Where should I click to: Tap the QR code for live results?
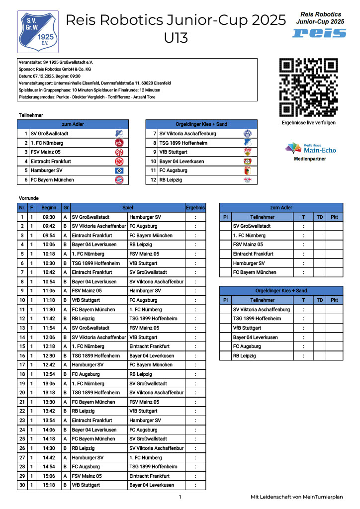pyautogui.click(x=308, y=87)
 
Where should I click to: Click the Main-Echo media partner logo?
pyautogui.click(x=310, y=149)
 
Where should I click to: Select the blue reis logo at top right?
pyautogui.click(x=319, y=33)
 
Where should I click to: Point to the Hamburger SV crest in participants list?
pyautogui.click(x=119, y=170)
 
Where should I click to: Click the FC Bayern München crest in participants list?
pyautogui.click(x=119, y=180)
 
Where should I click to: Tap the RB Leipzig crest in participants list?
pyautogui.click(x=248, y=180)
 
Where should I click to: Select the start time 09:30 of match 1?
pyautogui.click(x=49, y=217)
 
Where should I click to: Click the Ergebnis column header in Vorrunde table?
pyautogui.click(x=195, y=208)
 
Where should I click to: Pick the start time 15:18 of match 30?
pyautogui.click(x=49, y=485)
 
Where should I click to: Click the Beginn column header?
pyautogui.click(x=49, y=208)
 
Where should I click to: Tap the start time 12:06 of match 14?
pyautogui.click(x=49, y=337)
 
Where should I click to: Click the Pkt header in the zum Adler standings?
pyautogui.click(x=335, y=217)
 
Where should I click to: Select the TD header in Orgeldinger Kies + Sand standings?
pyautogui.click(x=320, y=300)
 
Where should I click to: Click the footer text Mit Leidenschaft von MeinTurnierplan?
pyautogui.click(x=297, y=497)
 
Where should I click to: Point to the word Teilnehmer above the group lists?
pyautogui.click(x=31, y=115)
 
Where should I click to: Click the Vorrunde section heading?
pyautogui.click(x=28, y=198)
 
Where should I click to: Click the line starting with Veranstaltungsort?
pyautogui.click(x=94, y=83)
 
